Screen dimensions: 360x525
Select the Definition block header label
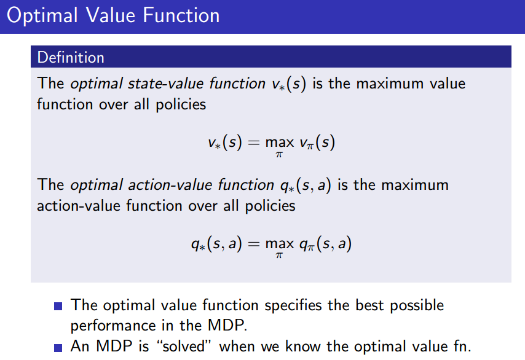click(71, 58)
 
